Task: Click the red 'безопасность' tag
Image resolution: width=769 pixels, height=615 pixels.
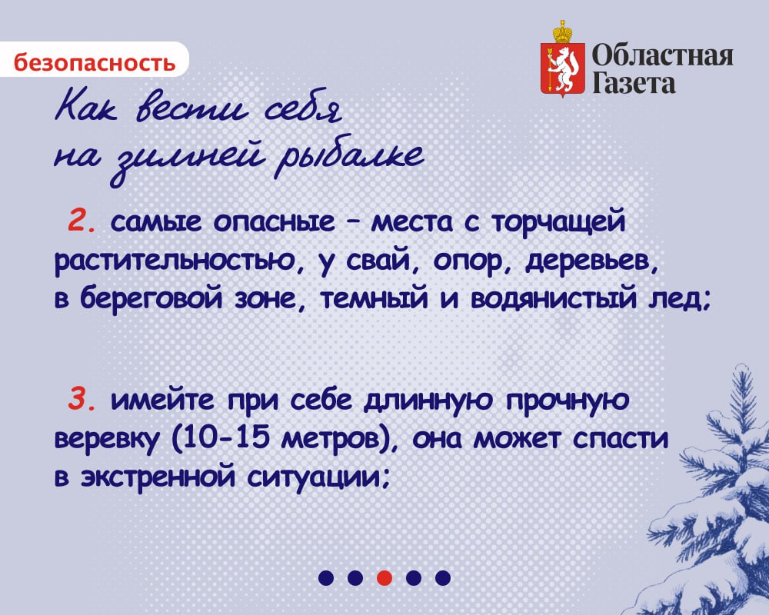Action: click(94, 61)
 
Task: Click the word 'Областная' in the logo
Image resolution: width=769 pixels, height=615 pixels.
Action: click(662, 55)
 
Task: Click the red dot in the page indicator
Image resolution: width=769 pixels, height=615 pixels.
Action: click(384, 577)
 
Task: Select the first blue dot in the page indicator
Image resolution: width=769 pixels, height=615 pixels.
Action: click(326, 577)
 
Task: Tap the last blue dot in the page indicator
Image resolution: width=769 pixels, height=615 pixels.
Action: click(442, 577)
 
